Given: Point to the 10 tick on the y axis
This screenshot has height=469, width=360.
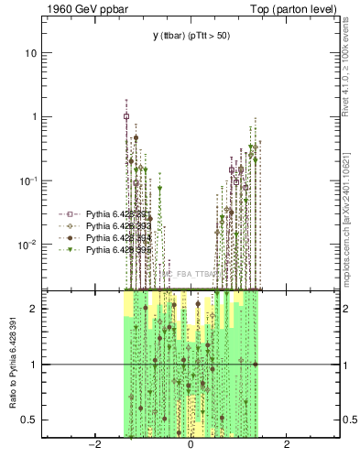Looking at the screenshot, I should click(x=31, y=53).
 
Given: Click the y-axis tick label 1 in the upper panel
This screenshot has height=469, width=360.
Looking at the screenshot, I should click(x=35, y=117).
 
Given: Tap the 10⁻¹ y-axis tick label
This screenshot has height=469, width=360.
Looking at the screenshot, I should click(x=29, y=180).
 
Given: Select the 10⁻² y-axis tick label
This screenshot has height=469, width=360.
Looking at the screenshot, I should click(x=29, y=245).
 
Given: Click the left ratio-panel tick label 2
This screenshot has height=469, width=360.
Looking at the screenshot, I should click(x=35, y=309).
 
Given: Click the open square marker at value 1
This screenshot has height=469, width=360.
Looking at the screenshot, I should click(x=126, y=116).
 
